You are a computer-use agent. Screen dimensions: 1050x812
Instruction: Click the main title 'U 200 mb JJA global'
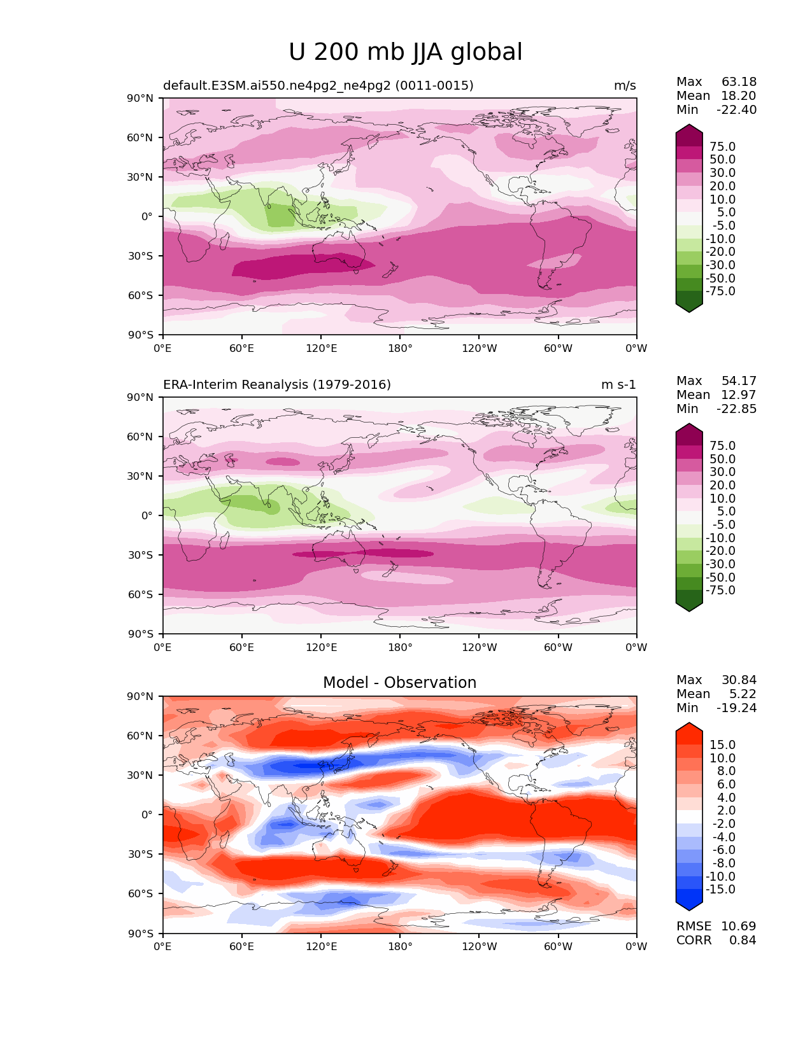(405, 52)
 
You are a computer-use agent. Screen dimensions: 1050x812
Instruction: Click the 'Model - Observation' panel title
(399, 683)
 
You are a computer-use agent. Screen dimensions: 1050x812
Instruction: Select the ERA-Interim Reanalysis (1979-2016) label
(277, 384)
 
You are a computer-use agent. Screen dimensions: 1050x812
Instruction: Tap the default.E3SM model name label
(318, 86)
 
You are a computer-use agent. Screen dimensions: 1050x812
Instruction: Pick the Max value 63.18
(739, 81)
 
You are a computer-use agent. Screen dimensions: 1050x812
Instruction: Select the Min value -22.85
(737, 409)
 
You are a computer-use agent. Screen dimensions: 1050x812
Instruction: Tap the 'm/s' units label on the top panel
(625, 86)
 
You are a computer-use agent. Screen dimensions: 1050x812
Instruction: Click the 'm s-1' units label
(618, 384)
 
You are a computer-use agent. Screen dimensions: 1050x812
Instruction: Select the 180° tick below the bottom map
(400, 946)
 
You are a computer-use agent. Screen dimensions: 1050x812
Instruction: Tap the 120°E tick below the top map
(321, 348)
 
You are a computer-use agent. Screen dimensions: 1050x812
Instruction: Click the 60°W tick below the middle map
(558, 647)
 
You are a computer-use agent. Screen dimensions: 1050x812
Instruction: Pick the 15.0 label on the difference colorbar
(722, 745)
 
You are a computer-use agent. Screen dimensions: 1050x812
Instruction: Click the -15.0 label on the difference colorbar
(720, 889)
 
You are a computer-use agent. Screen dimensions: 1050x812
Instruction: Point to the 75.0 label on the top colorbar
(722, 146)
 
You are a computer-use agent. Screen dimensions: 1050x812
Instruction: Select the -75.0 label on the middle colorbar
(720, 590)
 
